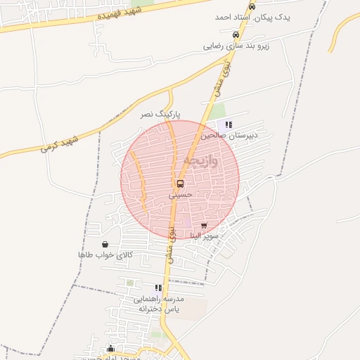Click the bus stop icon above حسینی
click(x=181, y=184)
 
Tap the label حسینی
click(x=180, y=195)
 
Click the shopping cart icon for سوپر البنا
click(x=204, y=225)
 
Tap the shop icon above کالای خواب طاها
click(x=105, y=244)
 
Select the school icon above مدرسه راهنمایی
click(x=158, y=288)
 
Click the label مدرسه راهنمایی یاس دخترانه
click(x=160, y=304)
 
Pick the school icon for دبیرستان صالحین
click(x=229, y=124)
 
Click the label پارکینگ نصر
click(x=160, y=113)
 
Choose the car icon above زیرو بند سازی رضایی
click(x=236, y=35)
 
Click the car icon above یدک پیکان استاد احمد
click(x=252, y=6)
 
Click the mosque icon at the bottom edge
click(x=110, y=348)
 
